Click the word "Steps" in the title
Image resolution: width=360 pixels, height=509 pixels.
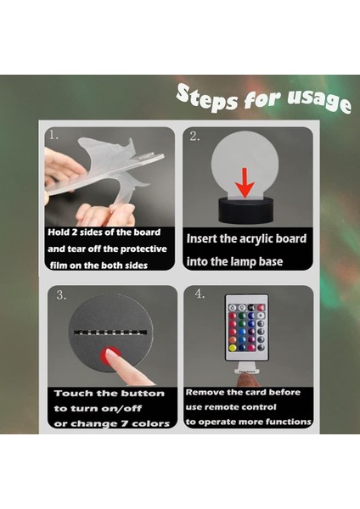point(207,98)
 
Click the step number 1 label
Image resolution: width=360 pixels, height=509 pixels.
point(54,134)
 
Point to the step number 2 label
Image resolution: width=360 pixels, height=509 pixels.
point(194,137)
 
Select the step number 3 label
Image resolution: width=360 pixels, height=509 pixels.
point(61,295)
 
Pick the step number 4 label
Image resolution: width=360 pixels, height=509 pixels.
point(200,294)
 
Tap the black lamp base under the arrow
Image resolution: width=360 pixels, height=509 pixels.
point(245,211)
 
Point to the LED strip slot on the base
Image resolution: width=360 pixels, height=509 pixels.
point(110,332)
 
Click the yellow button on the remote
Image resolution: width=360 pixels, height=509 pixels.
point(233,348)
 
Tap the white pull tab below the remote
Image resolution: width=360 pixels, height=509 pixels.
point(246,368)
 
